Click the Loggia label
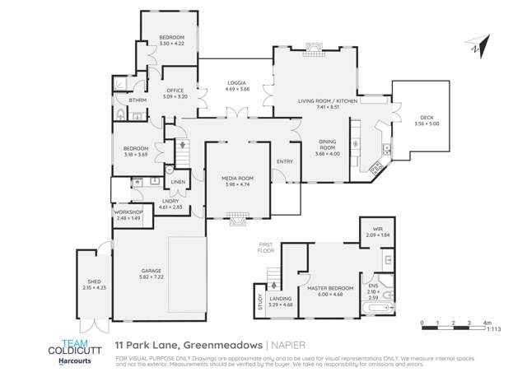point(237,86)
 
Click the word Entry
point(285,161)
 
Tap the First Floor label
point(266,248)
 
